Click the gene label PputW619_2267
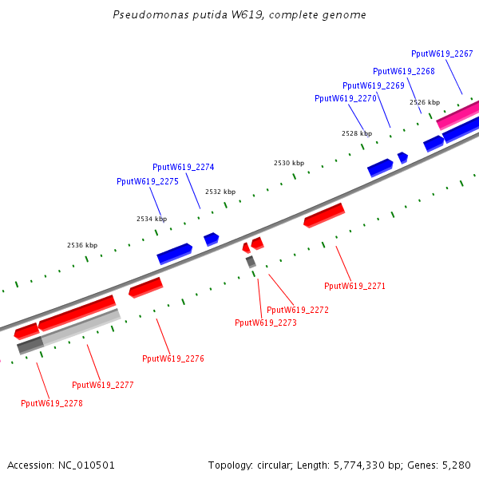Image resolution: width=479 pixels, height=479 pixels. [441, 53]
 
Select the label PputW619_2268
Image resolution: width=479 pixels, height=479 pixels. [403, 71]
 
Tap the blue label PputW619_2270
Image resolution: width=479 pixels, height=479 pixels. [345, 98]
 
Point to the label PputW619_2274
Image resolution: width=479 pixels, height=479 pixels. [183, 167]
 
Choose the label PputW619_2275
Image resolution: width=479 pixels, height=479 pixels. [147, 181]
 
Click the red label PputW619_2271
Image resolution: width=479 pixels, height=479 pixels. [354, 285]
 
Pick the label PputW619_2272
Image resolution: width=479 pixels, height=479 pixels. [297, 310]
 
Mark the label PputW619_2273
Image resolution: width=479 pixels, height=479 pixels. [265, 323]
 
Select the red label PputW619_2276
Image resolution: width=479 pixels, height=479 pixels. [172, 358]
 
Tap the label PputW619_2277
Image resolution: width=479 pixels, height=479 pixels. [102, 385]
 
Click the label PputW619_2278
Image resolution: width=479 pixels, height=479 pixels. [51, 403]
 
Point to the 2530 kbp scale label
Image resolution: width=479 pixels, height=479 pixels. [288, 163]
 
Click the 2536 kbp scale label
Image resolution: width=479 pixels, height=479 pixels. [81, 245]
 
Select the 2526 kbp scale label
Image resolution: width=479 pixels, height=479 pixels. [424, 102]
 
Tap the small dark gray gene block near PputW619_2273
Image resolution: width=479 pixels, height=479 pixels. [251, 261]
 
